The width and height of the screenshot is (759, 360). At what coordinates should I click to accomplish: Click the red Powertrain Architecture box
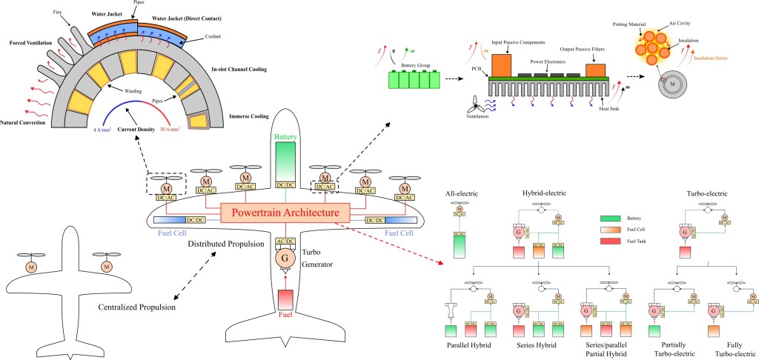(x=285, y=213)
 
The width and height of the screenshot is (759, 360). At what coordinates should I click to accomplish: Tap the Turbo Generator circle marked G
(x=285, y=258)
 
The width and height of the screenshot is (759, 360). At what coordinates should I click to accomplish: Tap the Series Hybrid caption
(x=538, y=345)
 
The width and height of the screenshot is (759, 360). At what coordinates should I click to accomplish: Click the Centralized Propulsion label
(x=136, y=307)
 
